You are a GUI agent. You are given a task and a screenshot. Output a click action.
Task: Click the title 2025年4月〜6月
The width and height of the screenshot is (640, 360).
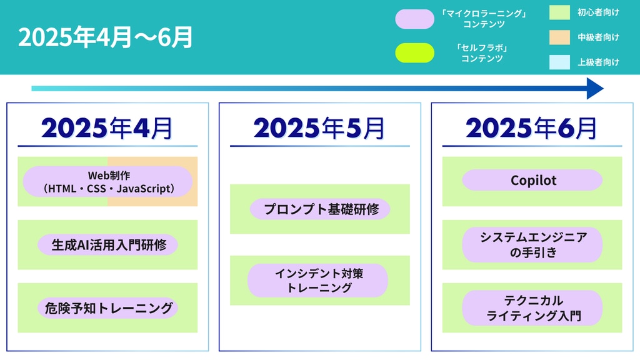(x=105, y=37)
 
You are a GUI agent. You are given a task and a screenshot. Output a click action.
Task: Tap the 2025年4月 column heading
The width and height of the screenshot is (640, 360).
(x=107, y=128)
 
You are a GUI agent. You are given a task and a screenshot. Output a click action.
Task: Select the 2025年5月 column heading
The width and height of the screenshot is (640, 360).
(x=319, y=128)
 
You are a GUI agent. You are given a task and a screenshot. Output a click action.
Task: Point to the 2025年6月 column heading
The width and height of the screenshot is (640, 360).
(x=531, y=128)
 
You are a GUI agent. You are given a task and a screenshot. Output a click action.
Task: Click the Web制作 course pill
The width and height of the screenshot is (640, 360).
(x=107, y=182)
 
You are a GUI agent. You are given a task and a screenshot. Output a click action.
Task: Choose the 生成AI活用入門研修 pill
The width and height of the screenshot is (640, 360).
(x=107, y=245)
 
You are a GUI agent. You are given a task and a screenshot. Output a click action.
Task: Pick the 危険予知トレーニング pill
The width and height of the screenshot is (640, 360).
(x=107, y=307)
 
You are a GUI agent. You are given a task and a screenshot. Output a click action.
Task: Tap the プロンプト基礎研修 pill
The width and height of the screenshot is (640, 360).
(x=320, y=209)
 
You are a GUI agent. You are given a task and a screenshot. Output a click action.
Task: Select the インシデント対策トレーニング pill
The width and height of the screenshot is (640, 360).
(x=317, y=281)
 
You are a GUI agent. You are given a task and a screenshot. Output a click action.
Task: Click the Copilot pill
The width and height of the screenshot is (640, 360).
(x=532, y=180)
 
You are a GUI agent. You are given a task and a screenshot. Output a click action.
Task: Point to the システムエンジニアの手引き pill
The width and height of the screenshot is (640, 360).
(x=532, y=244)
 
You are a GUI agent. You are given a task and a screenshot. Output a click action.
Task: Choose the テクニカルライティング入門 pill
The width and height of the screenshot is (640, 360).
(x=532, y=307)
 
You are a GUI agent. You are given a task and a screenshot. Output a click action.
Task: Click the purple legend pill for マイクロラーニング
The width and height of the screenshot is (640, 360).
(x=415, y=19)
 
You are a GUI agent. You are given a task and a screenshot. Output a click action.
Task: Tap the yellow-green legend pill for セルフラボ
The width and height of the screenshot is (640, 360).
(x=415, y=53)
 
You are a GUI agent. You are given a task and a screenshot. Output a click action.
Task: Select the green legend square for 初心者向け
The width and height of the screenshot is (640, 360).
(x=559, y=12)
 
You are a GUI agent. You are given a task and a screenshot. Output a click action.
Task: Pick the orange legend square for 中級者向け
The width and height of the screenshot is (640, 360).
(x=559, y=37)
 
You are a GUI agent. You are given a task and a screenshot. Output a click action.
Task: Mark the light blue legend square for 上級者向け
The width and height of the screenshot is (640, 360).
(x=559, y=62)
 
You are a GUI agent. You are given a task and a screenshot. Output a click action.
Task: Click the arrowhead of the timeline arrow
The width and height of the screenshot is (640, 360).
(x=595, y=89)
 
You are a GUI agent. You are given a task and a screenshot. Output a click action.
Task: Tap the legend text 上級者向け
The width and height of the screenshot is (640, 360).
(x=598, y=62)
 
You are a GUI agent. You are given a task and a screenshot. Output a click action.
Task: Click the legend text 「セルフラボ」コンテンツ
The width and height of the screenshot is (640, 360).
(x=482, y=53)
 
